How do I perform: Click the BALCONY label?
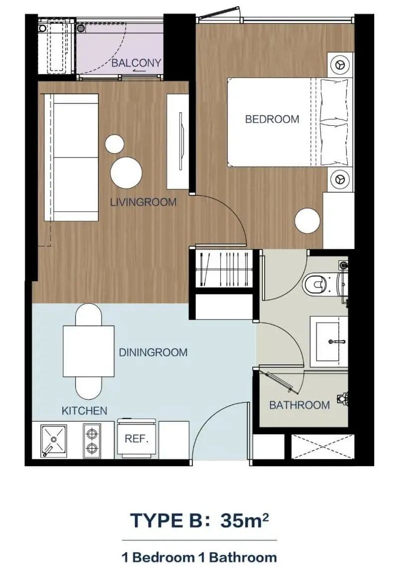[136, 63]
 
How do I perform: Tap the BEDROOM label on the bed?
[272, 119]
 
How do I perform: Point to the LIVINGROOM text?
[143, 202]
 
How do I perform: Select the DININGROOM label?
[153, 352]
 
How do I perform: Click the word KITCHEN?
[84, 410]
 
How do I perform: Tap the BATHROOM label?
[299, 405]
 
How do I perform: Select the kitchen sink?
[54, 441]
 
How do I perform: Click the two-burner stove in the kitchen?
[92, 441]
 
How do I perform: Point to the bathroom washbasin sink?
[329, 342]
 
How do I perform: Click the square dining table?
[89, 351]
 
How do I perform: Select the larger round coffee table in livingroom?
[126, 172]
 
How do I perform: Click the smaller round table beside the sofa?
[114, 144]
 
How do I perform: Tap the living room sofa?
[72, 158]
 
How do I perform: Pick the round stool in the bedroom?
[307, 220]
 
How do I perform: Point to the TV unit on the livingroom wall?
[178, 141]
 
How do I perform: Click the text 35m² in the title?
[244, 520]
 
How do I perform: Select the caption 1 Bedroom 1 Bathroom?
[199, 558]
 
